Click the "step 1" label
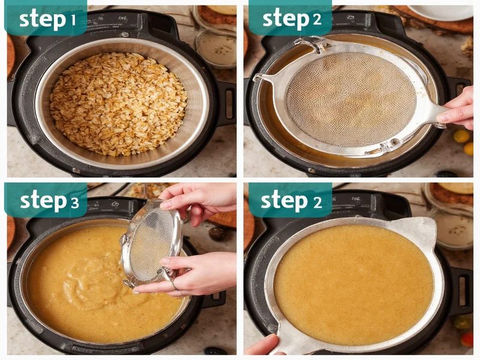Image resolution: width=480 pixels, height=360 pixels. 47,19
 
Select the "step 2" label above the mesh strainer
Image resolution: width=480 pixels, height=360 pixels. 291,19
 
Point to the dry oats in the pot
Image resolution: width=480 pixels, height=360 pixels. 118,103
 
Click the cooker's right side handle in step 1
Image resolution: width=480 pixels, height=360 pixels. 227,102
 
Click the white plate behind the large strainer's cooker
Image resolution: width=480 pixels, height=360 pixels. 447,12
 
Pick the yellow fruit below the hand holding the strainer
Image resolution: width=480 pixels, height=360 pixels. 461,137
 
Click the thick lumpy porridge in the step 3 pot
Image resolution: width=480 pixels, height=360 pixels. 84,282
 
